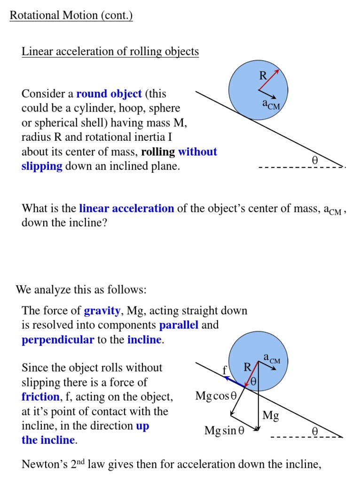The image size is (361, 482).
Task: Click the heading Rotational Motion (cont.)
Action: point(71,16)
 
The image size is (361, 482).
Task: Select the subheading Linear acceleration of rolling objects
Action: point(110,51)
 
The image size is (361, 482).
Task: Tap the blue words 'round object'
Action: point(109,94)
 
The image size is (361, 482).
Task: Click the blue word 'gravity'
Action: point(102,311)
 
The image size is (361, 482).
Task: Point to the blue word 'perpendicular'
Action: point(58,340)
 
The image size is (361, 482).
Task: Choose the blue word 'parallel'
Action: point(179,325)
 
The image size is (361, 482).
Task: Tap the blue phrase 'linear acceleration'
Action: point(126,209)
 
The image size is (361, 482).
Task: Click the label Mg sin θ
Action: point(225,431)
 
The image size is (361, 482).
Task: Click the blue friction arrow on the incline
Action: point(235,382)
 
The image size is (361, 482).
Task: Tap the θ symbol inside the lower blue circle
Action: point(253,382)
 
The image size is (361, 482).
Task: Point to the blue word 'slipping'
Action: point(42,167)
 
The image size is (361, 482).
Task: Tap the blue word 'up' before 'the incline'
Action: point(142,426)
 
